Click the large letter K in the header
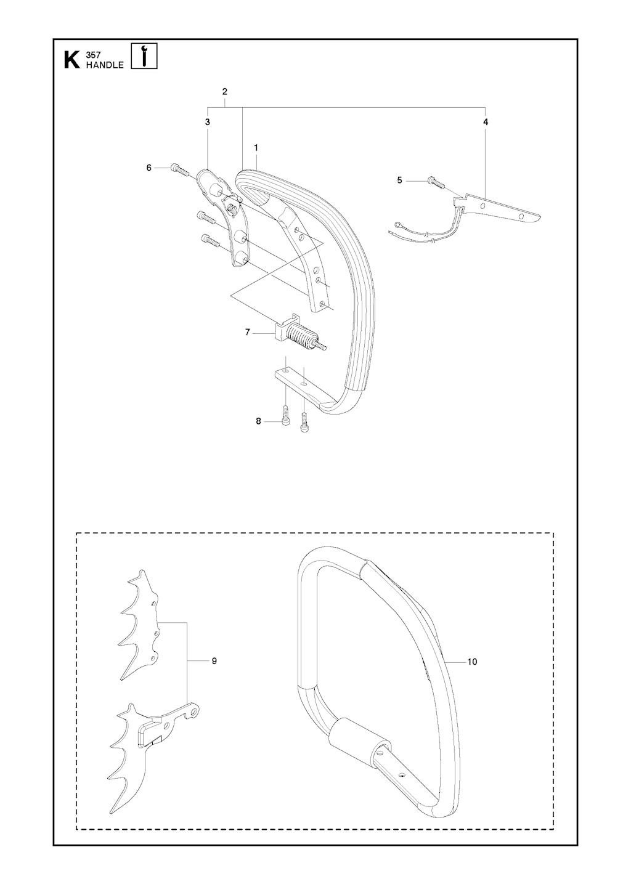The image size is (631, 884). tap(71, 60)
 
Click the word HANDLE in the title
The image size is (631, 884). tap(105, 65)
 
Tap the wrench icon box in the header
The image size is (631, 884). tap(144, 55)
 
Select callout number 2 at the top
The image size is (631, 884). tap(225, 92)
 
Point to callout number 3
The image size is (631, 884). tap(207, 123)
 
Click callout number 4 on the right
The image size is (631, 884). tap(486, 123)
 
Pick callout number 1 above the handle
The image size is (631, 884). tap(256, 148)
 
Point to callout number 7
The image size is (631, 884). tap(248, 332)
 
